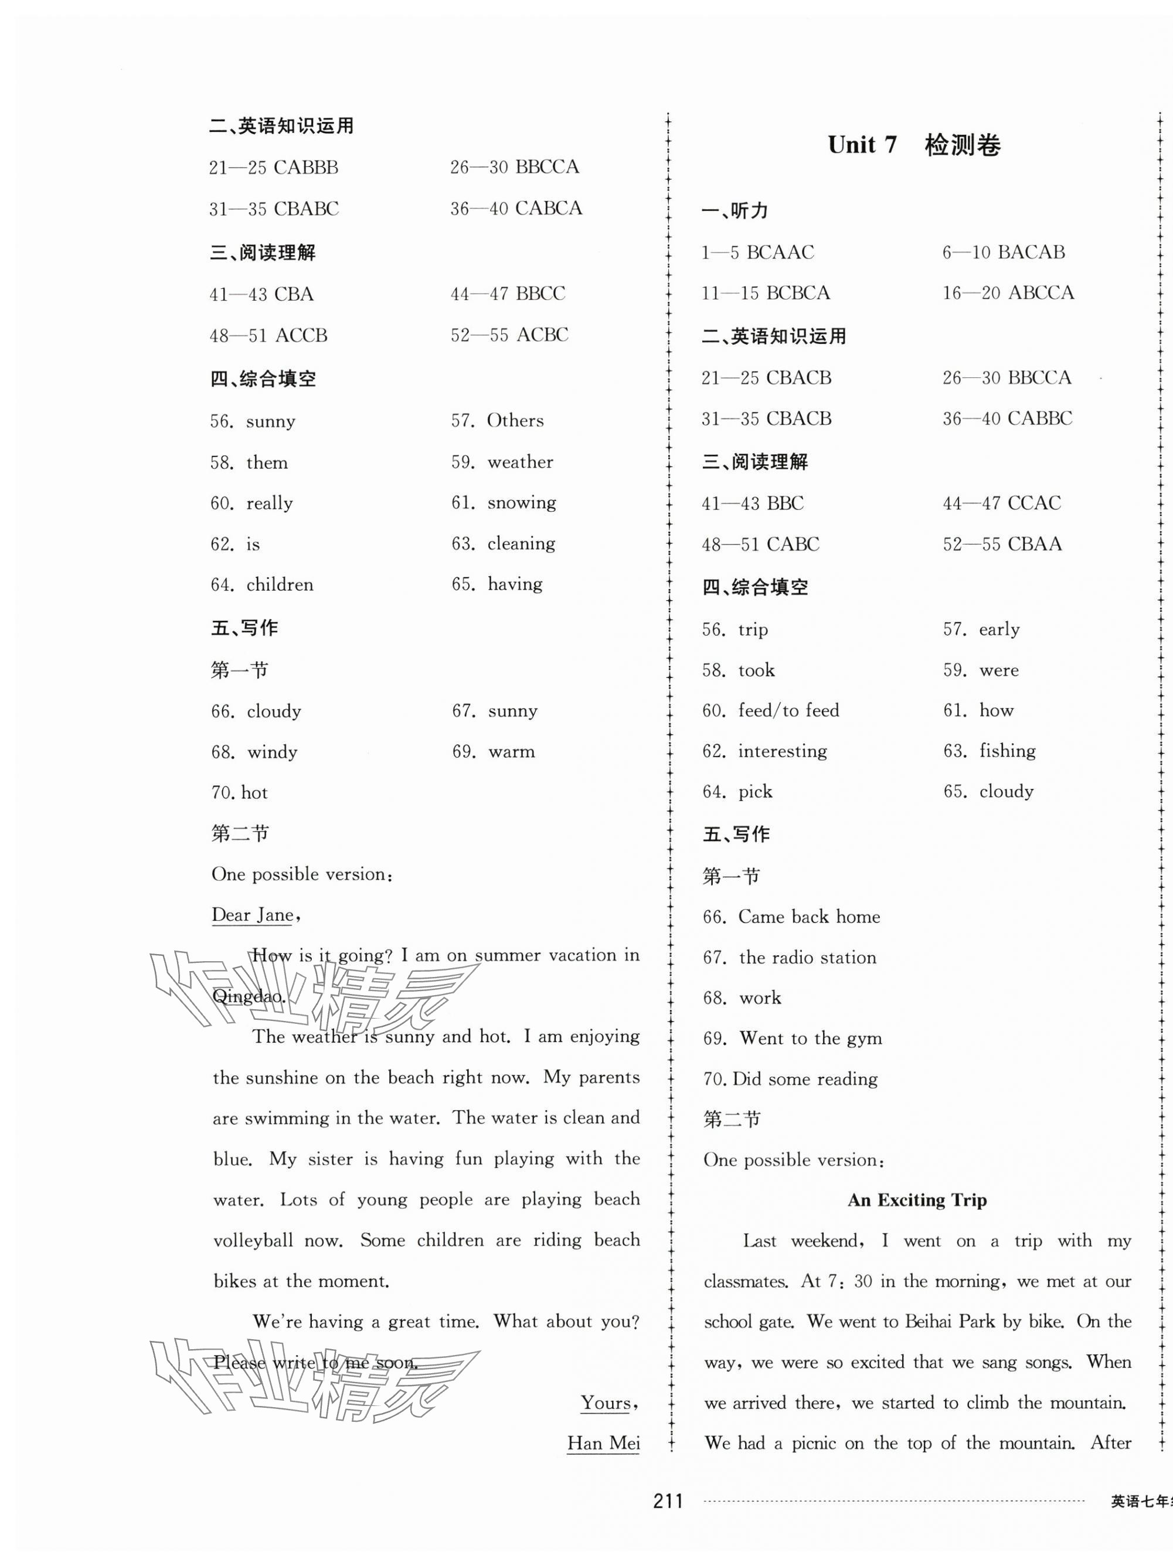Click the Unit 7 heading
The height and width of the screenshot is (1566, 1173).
pos(914,145)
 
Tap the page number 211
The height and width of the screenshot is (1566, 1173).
pos(668,1501)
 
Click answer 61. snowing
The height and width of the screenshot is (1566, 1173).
pos(504,503)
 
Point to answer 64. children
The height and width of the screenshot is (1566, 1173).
pos(262,585)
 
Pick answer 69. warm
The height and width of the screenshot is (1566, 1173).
pos(494,752)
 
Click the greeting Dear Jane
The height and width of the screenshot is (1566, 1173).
pos(253,915)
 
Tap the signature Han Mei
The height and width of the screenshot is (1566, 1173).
pos(603,1443)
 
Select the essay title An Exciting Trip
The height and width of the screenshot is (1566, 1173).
pos(917,1200)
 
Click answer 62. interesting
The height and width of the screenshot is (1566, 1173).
pos(764,751)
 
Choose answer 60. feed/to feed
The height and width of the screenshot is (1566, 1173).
pos(770,710)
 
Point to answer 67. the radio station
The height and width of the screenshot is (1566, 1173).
pos(789,957)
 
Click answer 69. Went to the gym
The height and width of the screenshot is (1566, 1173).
pos(792,1039)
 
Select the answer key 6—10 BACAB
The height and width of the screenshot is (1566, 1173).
pos(1003,252)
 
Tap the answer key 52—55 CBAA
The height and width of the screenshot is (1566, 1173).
pos(1002,544)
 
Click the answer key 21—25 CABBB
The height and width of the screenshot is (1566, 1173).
pos(273,168)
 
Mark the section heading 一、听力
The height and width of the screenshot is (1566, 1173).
pos(734,210)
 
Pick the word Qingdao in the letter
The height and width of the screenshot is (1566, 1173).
pos(249,996)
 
